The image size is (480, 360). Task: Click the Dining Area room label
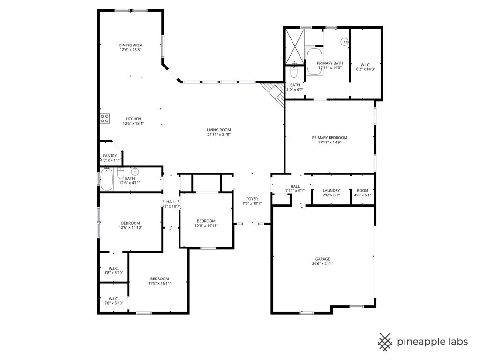130,45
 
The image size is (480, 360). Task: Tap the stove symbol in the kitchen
105,119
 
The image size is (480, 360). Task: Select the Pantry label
110,156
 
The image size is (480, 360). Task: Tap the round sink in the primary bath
345,42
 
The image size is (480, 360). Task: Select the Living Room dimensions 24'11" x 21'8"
219,135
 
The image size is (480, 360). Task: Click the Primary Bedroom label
330,138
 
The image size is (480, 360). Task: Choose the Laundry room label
331,191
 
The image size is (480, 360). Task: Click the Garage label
322,259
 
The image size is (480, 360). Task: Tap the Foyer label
252,199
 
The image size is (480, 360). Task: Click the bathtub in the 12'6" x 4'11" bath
107,180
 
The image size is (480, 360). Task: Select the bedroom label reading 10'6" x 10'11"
206,221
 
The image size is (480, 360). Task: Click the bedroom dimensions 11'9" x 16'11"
159,283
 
